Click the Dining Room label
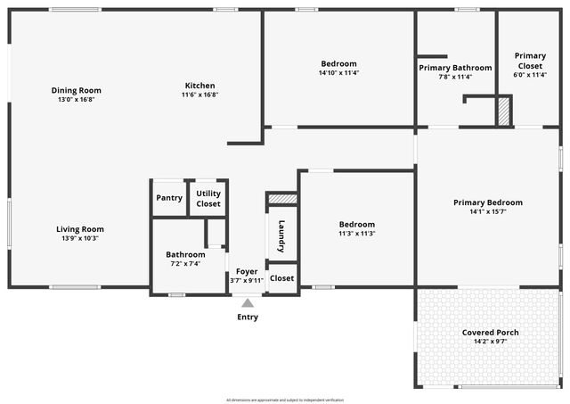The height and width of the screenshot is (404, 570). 76,90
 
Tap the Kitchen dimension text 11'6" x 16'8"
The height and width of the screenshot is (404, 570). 200,95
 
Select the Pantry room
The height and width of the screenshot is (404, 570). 168,198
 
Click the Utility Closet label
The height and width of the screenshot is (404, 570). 208,198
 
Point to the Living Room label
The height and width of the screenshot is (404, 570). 80,228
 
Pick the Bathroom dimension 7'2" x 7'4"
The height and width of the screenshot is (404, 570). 185,263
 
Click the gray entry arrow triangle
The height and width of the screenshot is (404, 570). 248,303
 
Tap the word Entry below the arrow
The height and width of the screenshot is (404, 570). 248,317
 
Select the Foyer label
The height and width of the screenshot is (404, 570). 247,271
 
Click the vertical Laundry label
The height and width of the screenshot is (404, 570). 281,236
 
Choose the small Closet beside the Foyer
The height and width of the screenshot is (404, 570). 281,278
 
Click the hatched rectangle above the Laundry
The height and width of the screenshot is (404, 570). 282,199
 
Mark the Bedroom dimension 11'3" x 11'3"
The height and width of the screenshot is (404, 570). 356,234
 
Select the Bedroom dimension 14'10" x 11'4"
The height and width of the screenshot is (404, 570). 338,73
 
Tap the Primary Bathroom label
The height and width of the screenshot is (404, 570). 455,68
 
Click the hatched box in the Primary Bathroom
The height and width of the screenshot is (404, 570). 503,111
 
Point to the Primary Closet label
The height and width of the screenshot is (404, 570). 531,61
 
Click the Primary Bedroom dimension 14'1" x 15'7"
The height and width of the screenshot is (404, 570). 487,211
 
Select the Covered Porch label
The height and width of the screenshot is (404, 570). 490,333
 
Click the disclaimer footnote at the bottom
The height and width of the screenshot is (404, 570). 285,400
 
